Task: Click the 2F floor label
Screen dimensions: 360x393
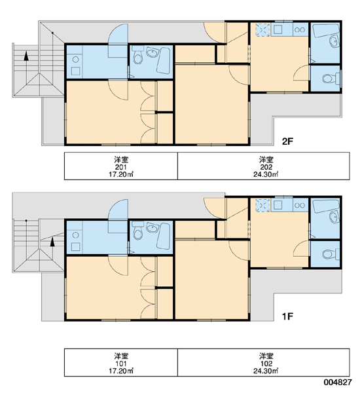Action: pyautogui.click(x=287, y=141)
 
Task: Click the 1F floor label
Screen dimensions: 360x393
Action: pyautogui.click(x=287, y=316)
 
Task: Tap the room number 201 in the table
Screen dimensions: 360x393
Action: pyautogui.click(x=120, y=167)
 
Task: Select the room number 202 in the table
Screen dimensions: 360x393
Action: pyautogui.click(x=266, y=167)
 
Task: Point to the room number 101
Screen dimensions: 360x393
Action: pyautogui.click(x=120, y=364)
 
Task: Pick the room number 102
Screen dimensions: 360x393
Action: pyautogui.click(x=266, y=364)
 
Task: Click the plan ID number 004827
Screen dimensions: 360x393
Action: pyautogui.click(x=338, y=383)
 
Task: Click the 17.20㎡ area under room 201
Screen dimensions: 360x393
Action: pyautogui.click(x=120, y=174)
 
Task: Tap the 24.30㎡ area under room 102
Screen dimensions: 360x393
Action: pyautogui.click(x=266, y=371)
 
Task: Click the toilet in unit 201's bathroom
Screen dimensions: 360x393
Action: pyautogui.click(x=137, y=55)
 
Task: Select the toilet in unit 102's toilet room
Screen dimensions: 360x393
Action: pyautogui.click(x=329, y=254)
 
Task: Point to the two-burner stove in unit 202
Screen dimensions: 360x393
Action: pyautogui.click(x=300, y=30)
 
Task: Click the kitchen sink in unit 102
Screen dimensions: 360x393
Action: pyautogui.click(x=278, y=205)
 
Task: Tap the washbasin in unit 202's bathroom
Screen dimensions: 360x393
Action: pyautogui.click(x=333, y=41)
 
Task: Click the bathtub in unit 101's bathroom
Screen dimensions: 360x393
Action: pyautogui.click(x=164, y=236)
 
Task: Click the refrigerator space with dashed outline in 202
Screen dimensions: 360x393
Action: pyautogui.click(x=262, y=30)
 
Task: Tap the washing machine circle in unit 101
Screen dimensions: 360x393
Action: pyautogui.click(x=75, y=235)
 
